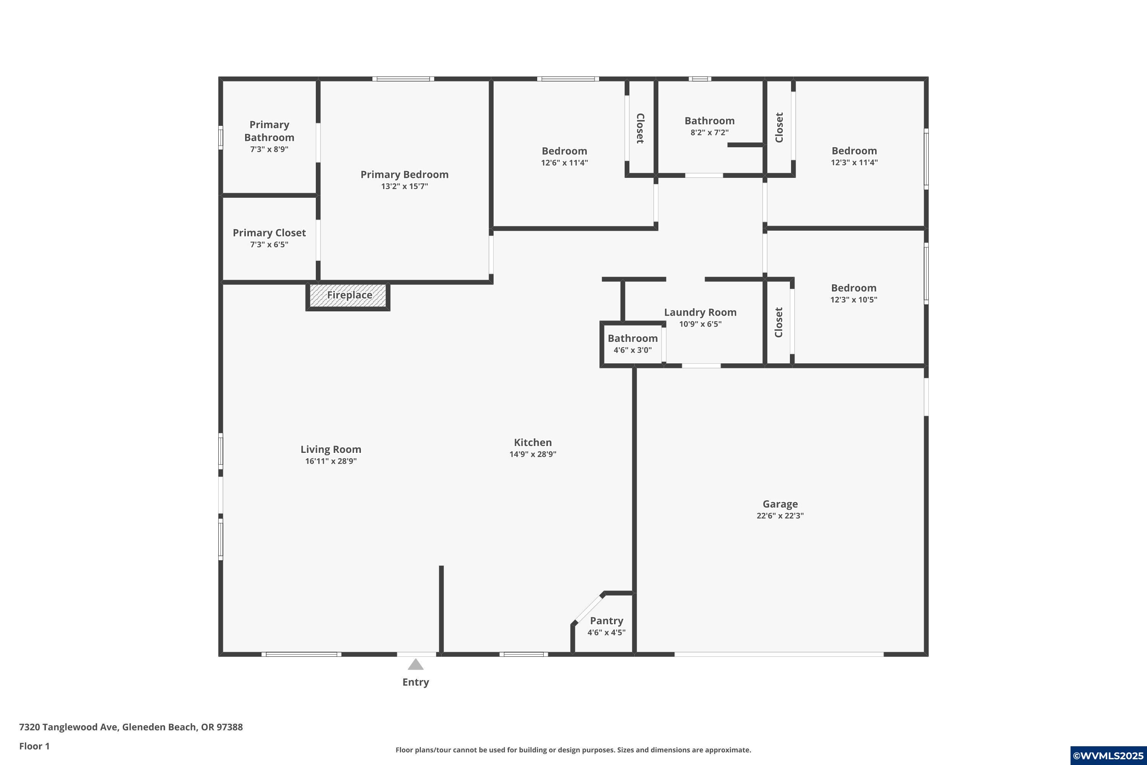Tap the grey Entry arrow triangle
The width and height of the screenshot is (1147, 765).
coord(416,664)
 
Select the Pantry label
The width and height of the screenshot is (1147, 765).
coord(606,620)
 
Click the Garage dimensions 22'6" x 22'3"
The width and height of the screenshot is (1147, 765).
coord(780,516)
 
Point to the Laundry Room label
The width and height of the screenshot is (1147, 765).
coord(700,312)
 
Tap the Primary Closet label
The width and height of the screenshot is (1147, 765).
coord(269,233)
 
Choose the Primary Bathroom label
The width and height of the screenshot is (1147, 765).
coord(269,131)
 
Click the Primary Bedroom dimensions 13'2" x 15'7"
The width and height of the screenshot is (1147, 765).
coord(404,186)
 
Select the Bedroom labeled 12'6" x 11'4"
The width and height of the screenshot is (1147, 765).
coord(564,151)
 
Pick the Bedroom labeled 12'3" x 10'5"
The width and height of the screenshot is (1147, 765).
coord(853,288)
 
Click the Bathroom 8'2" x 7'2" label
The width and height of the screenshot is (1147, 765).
coord(709,121)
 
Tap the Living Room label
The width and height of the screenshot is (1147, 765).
coord(331,449)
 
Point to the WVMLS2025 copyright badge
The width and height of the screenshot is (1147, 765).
coord(1108,755)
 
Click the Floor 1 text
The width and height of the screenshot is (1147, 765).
coord(34,746)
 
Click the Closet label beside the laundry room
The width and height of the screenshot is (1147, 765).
coord(778,322)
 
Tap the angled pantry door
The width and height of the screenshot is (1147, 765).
coord(588,609)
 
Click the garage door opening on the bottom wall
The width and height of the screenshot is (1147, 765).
coord(779,654)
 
